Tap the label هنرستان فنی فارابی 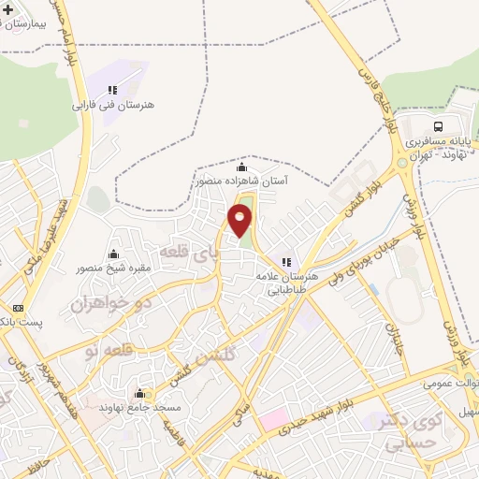[x=105, y=106]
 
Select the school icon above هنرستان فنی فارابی [x=112, y=90]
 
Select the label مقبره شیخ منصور [x=113, y=268]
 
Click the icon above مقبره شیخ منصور [x=114, y=254]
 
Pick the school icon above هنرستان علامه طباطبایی [x=286, y=262]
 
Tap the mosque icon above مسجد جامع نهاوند [x=140, y=393]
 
